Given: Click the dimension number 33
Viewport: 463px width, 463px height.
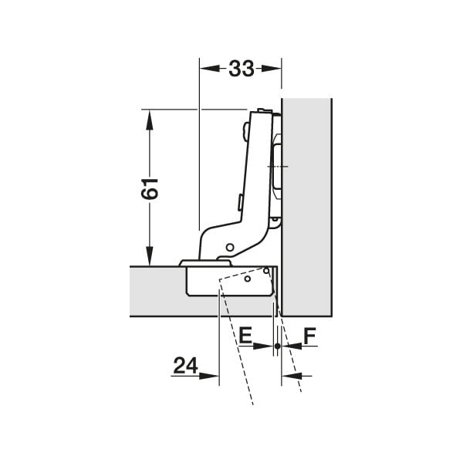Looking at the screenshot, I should coord(241,69).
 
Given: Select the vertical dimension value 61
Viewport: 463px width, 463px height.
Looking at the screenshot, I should coord(150,188).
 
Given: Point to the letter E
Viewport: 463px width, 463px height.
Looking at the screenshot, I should coord(245,336).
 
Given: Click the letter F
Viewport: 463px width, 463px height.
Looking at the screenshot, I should coord(309,336).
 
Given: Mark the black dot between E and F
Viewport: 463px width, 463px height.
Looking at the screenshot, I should coord(277,346).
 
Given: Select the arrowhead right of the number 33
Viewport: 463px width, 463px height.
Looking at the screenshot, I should coord(274,69).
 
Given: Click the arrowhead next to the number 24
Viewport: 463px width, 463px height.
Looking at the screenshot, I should coord(213,376).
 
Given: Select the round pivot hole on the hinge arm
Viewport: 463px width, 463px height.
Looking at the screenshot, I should coord(229,247).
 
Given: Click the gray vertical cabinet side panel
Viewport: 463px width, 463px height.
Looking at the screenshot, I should coord(306,208).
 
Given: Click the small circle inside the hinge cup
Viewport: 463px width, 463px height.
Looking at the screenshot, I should coord(247,279).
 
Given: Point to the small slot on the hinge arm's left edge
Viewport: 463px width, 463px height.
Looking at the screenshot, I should coord(240,203).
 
